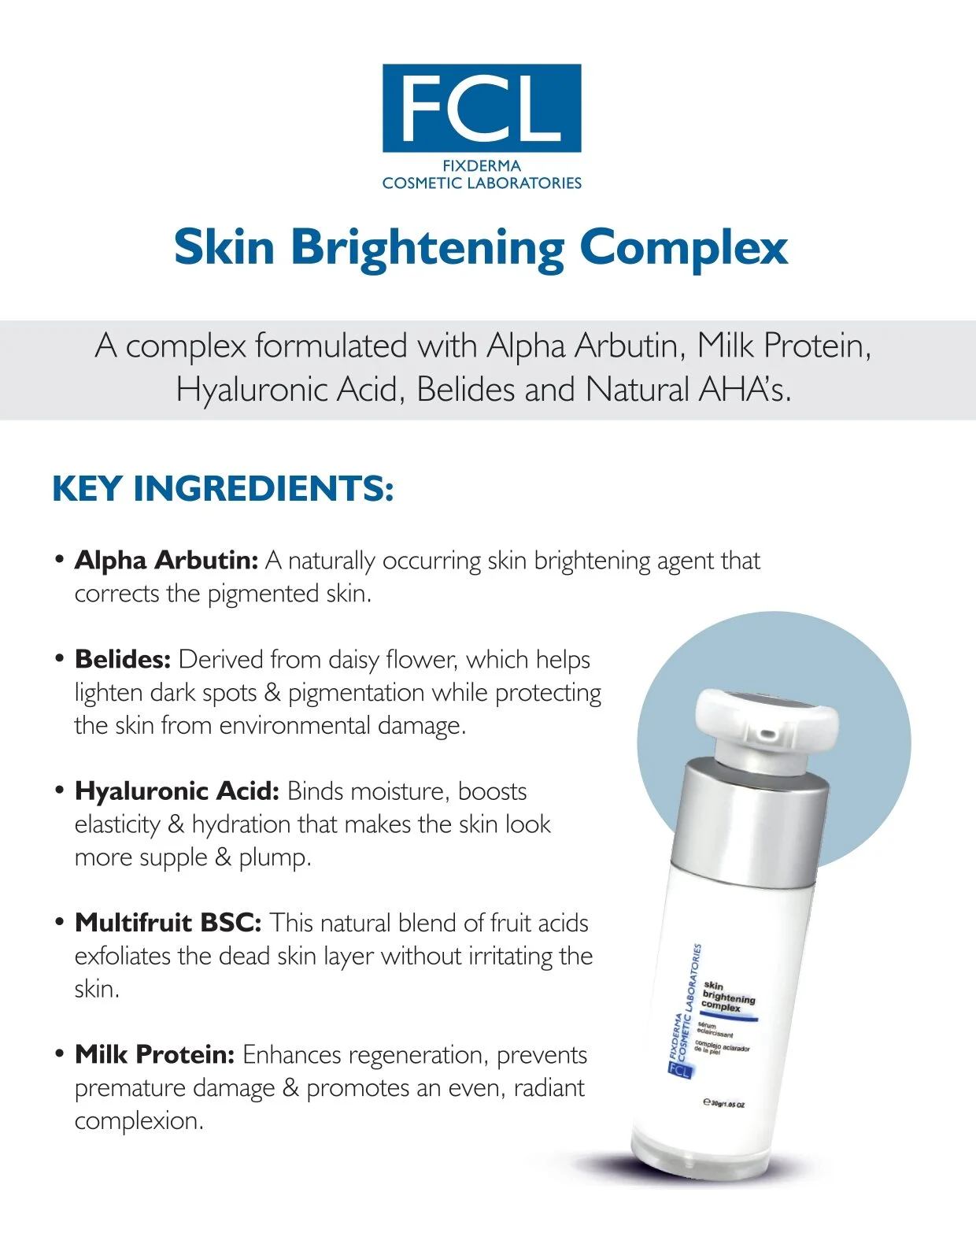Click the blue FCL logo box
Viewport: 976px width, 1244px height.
click(x=482, y=108)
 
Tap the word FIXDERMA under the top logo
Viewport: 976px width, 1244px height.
click(x=482, y=166)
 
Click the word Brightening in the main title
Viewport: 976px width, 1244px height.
click(x=427, y=249)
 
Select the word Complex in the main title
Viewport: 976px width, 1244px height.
click(x=684, y=249)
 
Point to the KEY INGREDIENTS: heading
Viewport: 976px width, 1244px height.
click(x=223, y=488)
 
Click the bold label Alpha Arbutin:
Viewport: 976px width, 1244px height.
click(x=167, y=561)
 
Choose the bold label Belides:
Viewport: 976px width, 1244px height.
click(x=123, y=660)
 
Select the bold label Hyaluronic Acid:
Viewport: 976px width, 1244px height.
click(x=177, y=791)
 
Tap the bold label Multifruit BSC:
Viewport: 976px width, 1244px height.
click(x=168, y=923)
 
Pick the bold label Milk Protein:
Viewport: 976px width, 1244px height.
click(x=154, y=1054)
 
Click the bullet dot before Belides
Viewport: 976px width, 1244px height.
click(x=59, y=659)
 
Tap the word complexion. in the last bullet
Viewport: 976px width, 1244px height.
click(x=139, y=1121)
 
